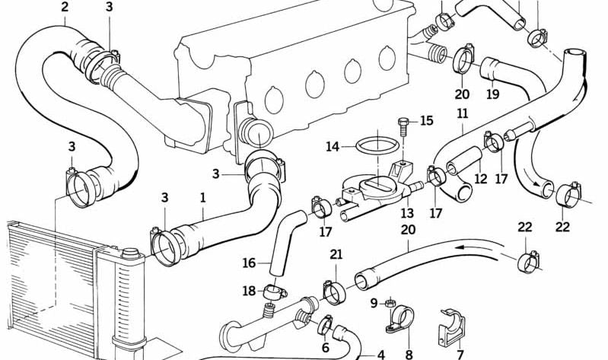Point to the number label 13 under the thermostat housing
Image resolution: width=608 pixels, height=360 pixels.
[x=407, y=214]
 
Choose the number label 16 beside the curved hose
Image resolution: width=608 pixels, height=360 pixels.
[x=249, y=263]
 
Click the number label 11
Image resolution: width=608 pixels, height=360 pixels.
[x=462, y=115]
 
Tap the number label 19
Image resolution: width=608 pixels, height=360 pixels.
[x=492, y=95]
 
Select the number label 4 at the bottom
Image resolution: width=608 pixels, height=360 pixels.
[x=380, y=354]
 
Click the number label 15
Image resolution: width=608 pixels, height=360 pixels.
[x=425, y=120]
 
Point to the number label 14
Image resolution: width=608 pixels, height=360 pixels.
[x=333, y=146]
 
